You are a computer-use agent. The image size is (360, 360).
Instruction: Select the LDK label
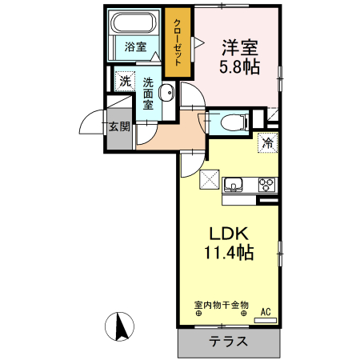click(230, 234)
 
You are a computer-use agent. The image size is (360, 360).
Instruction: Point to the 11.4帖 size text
click(230, 254)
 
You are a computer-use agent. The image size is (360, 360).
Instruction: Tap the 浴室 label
click(135, 47)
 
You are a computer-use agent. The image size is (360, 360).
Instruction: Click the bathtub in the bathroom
click(135, 24)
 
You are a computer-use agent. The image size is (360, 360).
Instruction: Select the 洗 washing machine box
click(124, 80)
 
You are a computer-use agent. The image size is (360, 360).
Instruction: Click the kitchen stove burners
click(266, 185)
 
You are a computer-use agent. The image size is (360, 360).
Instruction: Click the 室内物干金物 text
click(222, 305)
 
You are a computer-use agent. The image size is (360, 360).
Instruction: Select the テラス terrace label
click(228, 342)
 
